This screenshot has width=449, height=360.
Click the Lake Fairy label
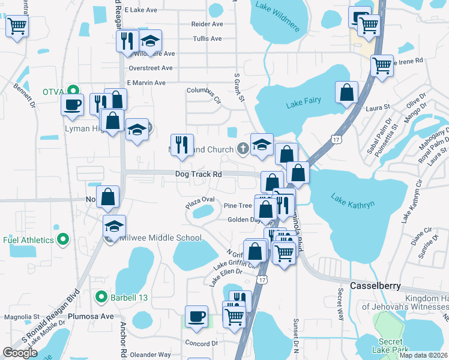[x=303, y=103]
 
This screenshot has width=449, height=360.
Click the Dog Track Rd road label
[x=199, y=175]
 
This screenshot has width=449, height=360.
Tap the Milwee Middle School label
[x=159, y=238]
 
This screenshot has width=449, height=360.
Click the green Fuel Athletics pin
[x=62, y=241]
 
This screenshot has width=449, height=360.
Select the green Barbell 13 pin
[x=101, y=296]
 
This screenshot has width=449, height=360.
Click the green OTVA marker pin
[x=73, y=92]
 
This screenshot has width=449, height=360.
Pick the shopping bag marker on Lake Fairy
[x=346, y=92]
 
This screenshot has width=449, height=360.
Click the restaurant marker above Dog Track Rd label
[x=182, y=145]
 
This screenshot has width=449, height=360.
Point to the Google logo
[x=20, y=353]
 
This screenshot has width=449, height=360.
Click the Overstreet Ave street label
[x=150, y=68]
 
